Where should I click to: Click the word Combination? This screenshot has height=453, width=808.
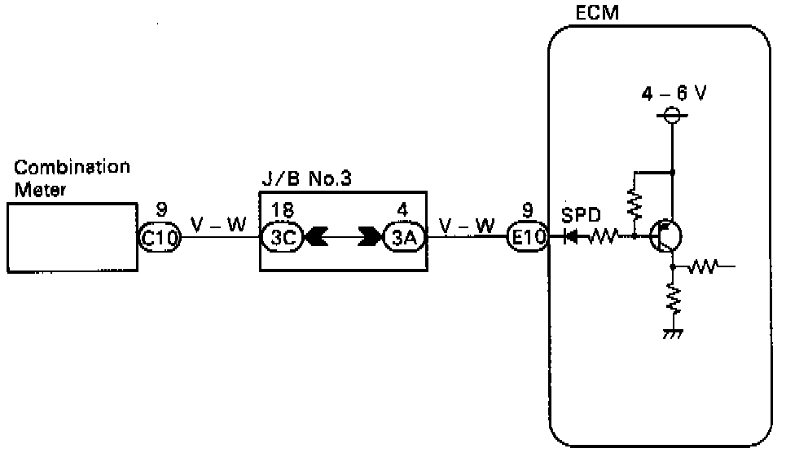click(72, 167)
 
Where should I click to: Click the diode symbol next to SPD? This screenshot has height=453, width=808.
click(572, 237)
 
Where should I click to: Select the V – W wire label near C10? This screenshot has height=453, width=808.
click(217, 223)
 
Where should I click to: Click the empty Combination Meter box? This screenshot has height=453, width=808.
click(72, 237)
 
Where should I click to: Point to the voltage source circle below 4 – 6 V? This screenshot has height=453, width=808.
click(673, 116)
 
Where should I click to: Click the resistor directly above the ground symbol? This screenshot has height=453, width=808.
click(673, 299)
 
